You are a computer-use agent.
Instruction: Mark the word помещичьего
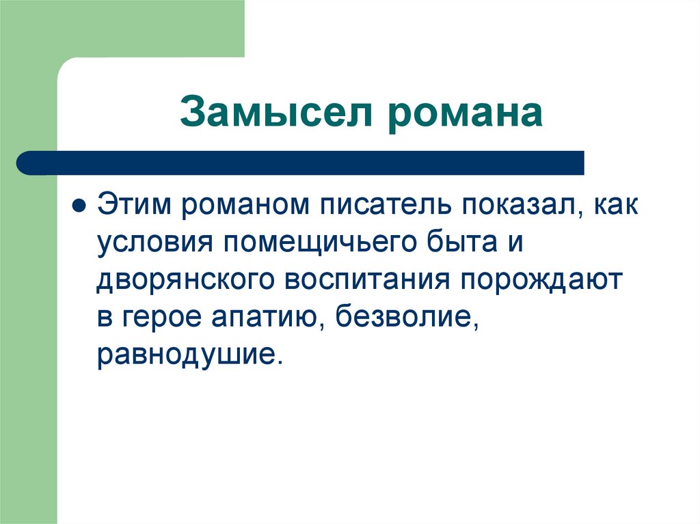(314, 244)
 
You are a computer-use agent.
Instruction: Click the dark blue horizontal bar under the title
(301, 163)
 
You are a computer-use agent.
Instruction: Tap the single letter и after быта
(514, 244)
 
